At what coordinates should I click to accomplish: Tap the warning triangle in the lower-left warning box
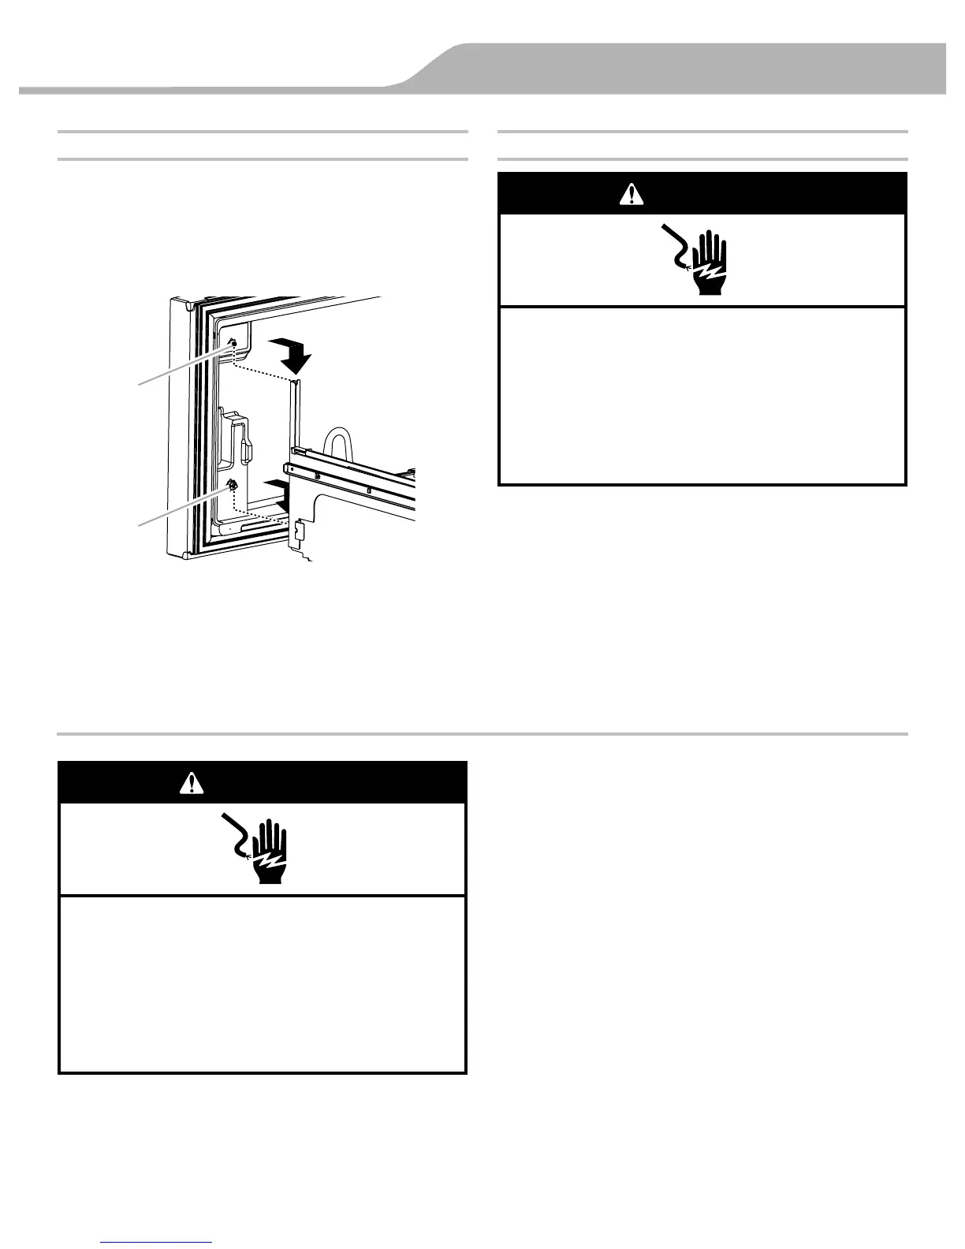192,782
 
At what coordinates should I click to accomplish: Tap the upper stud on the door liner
233,345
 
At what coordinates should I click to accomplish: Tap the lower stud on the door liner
233,485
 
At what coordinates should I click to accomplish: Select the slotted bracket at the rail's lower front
297,533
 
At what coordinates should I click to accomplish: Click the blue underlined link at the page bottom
157,1243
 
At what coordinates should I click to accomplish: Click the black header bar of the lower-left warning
263,782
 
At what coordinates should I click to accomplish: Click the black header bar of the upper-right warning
702,193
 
